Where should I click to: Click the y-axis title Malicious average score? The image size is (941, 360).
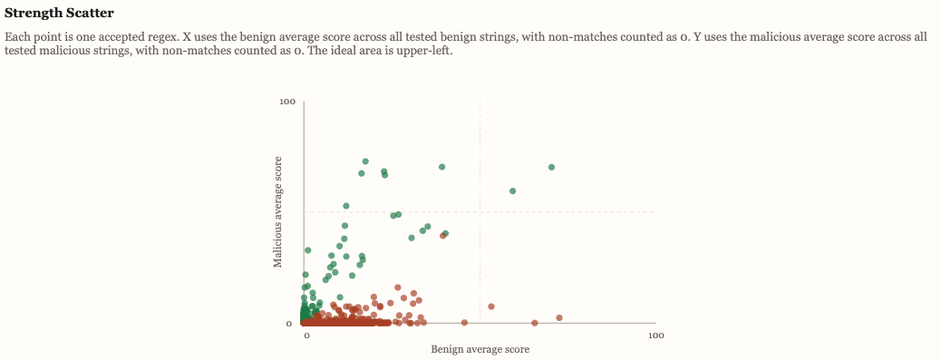279,211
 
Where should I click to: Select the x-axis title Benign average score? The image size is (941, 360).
480,349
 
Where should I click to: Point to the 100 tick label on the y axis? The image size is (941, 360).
288,102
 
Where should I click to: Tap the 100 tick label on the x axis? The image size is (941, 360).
655,336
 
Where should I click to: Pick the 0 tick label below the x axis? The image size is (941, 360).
306,336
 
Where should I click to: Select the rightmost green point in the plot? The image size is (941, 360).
551,167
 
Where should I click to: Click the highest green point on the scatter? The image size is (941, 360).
365,161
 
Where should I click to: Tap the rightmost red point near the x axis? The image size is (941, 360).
559,317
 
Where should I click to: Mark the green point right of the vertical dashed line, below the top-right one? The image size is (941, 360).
513,191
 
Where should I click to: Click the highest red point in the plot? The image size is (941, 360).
442,236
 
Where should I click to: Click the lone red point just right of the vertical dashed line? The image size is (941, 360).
491,306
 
